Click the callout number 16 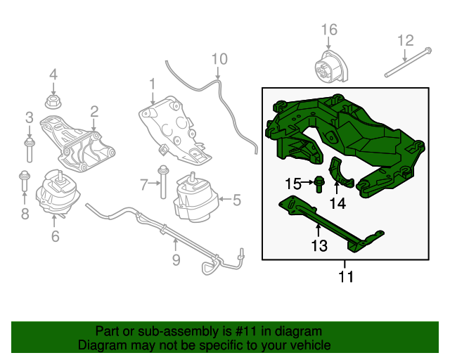click(x=329, y=30)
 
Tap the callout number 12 click(x=406, y=41)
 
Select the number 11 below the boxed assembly click(x=346, y=276)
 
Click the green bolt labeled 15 click(x=319, y=184)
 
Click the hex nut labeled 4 click(x=53, y=102)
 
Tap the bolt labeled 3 click(x=30, y=149)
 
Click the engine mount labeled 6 click(x=58, y=193)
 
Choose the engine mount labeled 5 click(x=197, y=197)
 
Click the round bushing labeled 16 click(x=331, y=67)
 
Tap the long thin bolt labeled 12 click(x=408, y=62)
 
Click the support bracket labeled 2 click(x=77, y=143)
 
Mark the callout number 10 click(x=219, y=59)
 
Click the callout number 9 click(x=176, y=260)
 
